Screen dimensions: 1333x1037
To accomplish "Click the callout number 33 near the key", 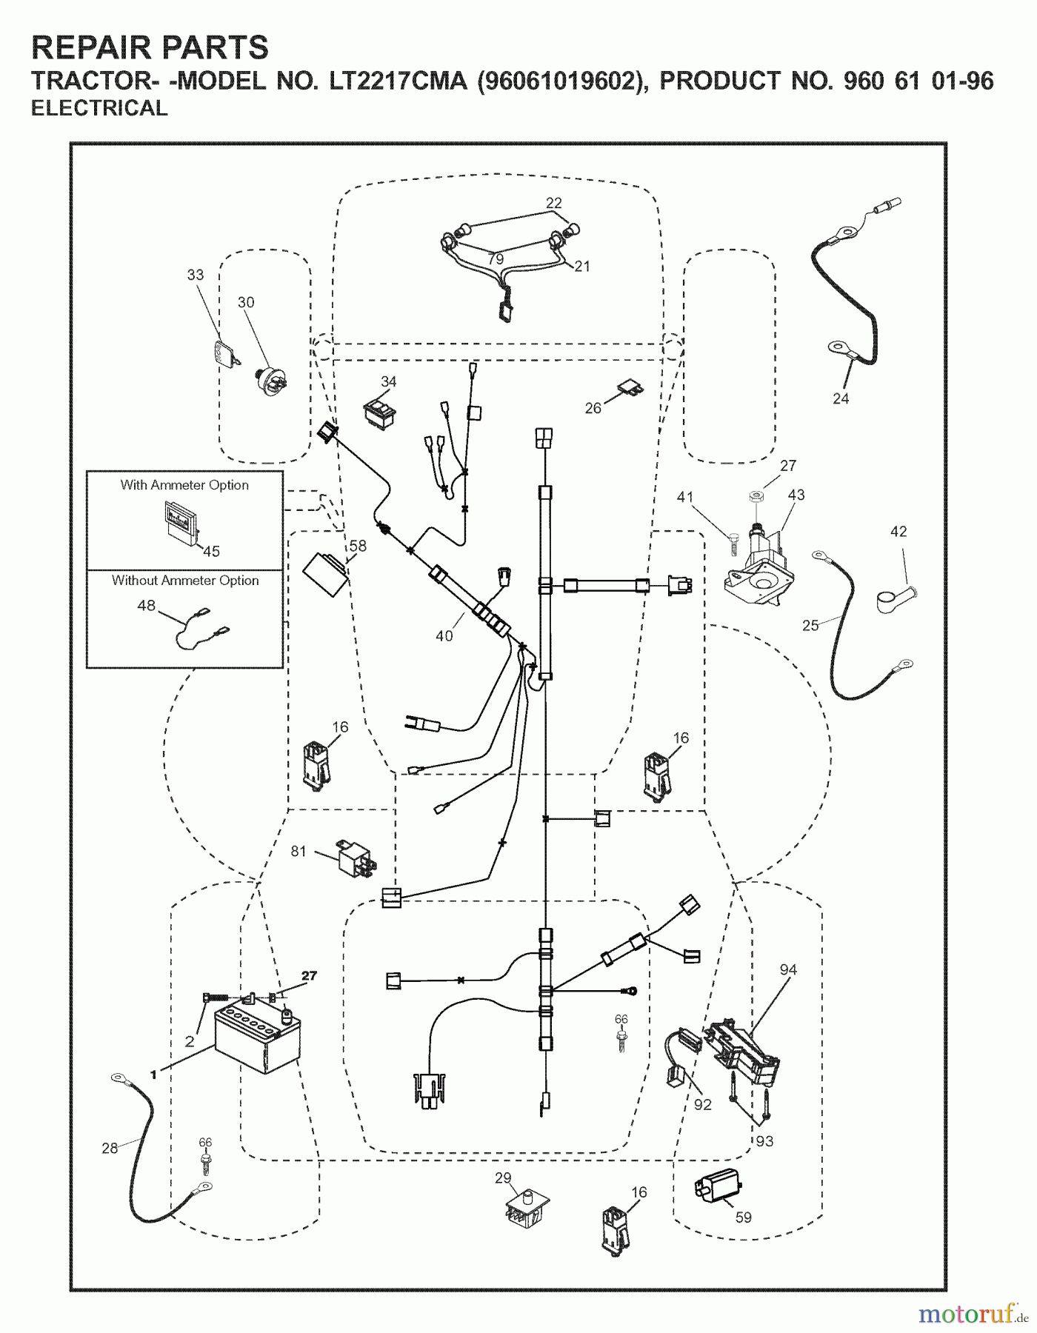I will click(x=195, y=275).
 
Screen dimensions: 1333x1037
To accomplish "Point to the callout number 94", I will click(x=788, y=969).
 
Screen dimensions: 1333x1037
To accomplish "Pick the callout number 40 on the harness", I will click(x=444, y=635).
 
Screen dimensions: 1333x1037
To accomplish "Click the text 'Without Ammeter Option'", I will click(x=185, y=581).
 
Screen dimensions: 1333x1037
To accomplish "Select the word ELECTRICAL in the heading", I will click(x=99, y=108).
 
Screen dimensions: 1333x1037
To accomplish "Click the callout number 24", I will click(x=841, y=398).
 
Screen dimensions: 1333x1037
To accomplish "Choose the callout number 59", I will click(x=743, y=1217).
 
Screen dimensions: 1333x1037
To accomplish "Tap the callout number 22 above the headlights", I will click(x=554, y=203).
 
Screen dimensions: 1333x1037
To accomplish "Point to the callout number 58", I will click(x=359, y=547).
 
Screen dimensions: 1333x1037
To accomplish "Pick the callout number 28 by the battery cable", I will click(x=110, y=1148).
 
